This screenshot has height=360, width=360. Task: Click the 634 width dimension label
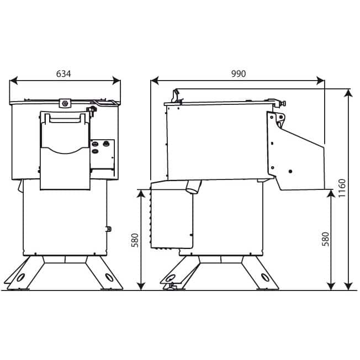(x=63, y=73)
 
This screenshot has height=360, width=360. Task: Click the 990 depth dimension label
(x=239, y=73)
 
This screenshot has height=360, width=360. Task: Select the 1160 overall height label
(x=342, y=188)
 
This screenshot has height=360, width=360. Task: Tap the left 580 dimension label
(x=135, y=240)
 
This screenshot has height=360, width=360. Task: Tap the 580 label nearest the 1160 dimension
(x=325, y=239)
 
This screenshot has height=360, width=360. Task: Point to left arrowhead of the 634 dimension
(x=14, y=81)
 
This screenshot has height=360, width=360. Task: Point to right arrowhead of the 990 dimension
(x=320, y=81)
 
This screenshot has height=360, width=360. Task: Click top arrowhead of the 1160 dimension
(x=349, y=93)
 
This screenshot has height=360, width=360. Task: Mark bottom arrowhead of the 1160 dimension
(x=349, y=286)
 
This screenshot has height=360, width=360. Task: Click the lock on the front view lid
(x=65, y=103)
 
